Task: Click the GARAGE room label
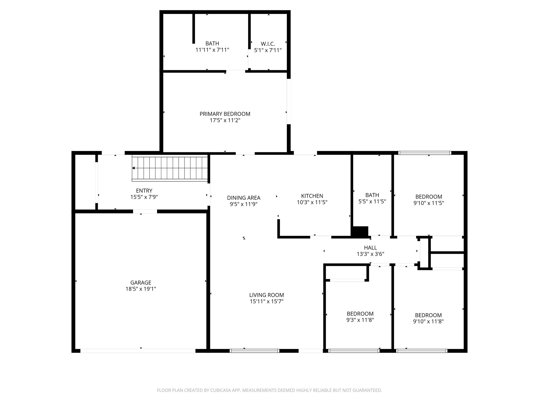tap(141, 282)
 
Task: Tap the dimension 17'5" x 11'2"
tap(225, 120)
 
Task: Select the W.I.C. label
tap(268, 44)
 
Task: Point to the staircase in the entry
tap(171, 168)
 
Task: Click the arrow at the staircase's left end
tap(134, 168)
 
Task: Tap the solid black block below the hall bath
tap(360, 231)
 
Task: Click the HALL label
tap(370, 248)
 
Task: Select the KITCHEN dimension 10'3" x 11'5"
tap(312, 202)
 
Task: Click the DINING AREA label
tap(244, 198)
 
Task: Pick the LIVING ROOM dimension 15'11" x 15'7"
tap(267, 301)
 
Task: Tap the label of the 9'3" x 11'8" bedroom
tap(360, 314)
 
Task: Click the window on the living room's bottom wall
tap(254, 351)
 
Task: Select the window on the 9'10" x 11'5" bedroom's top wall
tap(425, 153)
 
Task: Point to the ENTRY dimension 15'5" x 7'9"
tap(144, 197)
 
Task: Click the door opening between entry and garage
tap(145, 211)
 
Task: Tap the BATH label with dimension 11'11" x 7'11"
tap(212, 43)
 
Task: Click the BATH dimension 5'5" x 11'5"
tap(372, 201)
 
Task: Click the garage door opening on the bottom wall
tap(138, 351)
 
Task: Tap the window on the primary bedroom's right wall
tap(288, 101)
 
